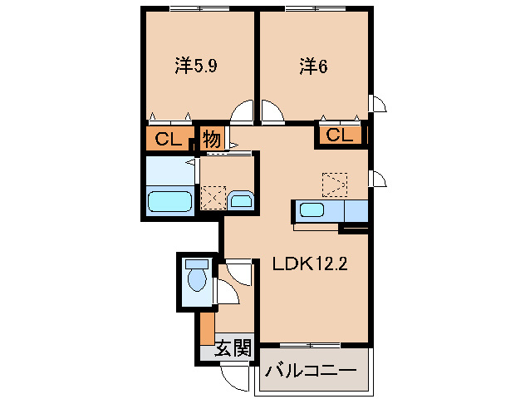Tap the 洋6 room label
pyautogui.click(x=312, y=65)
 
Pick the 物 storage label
pyautogui.click(x=212, y=139)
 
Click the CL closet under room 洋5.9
pyautogui.click(x=169, y=139)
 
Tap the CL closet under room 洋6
pyautogui.click(x=339, y=135)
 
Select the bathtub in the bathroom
pyautogui.click(x=170, y=201)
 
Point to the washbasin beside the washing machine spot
pyautogui.click(x=242, y=200)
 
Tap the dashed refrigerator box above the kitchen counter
pyautogui.click(x=335, y=182)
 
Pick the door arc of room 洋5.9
pyautogui.click(x=243, y=112)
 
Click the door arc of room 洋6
pyautogui.click(x=272, y=112)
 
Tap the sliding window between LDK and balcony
pyautogui.click(x=310, y=343)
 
